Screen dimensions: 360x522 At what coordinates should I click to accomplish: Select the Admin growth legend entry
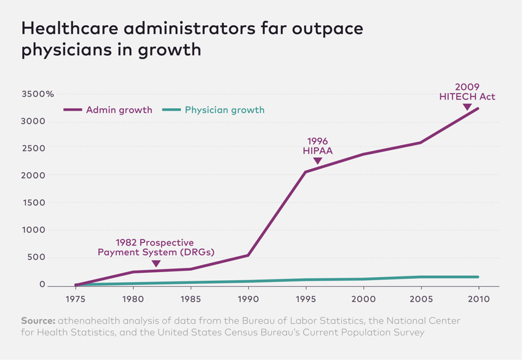click(108, 110)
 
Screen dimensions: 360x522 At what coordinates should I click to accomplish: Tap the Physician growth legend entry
click(214, 110)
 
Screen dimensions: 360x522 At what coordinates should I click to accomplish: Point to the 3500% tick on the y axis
click(38, 94)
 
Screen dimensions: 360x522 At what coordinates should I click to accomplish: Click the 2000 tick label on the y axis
click(34, 176)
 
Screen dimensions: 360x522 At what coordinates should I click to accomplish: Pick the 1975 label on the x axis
click(76, 300)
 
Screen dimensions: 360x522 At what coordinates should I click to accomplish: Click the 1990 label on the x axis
click(248, 300)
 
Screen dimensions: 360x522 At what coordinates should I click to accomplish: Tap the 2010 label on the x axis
click(478, 300)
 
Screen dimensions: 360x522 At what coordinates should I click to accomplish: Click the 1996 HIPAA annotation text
click(317, 146)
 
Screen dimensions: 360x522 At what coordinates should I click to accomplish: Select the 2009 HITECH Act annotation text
click(467, 92)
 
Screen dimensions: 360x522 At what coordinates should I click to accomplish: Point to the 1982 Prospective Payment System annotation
click(156, 248)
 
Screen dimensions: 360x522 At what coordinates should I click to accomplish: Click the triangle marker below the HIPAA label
click(317, 161)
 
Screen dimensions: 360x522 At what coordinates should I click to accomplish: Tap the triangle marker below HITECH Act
click(467, 107)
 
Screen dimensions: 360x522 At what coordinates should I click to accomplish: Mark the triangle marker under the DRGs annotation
click(156, 264)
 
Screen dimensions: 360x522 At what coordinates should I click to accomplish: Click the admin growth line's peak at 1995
click(306, 172)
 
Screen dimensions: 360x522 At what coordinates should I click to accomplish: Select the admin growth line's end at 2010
click(478, 109)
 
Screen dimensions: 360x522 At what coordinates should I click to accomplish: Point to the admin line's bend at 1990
click(248, 255)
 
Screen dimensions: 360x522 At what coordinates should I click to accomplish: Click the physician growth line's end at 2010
click(478, 277)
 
